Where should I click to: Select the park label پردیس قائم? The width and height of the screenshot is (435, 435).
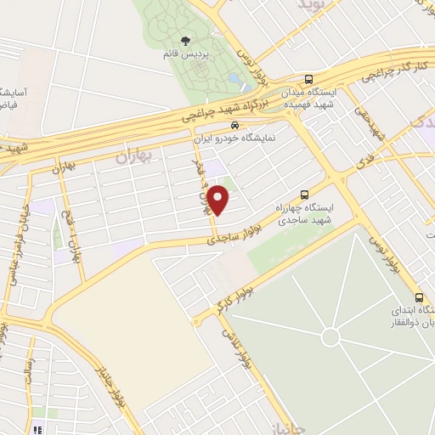click(x=187, y=54)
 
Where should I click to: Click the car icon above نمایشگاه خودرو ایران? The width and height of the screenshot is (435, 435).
click(x=223, y=125)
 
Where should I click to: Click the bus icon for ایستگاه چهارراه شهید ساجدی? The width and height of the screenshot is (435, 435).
click(x=305, y=195)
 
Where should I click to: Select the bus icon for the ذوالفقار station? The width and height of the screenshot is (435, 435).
click(x=420, y=297)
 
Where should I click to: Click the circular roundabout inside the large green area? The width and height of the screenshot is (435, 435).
click(x=329, y=338)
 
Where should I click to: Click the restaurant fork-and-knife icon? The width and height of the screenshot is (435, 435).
click(x=37, y=428)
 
